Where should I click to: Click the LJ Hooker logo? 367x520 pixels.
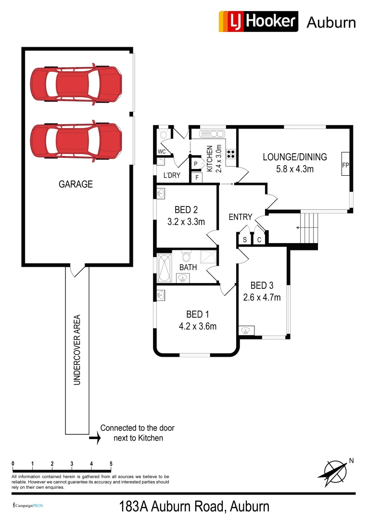[x=258, y=22]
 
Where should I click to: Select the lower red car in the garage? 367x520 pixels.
[x=76, y=141]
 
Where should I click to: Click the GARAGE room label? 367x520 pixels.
[x=76, y=184]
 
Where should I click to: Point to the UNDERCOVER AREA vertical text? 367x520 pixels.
[x=77, y=350]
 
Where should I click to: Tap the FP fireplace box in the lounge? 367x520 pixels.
[x=345, y=165]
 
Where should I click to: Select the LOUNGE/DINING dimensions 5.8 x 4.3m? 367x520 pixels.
[x=294, y=169]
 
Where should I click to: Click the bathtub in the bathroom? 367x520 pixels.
[x=164, y=268]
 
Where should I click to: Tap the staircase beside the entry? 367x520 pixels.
[x=308, y=227]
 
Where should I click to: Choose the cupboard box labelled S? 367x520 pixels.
[x=245, y=239]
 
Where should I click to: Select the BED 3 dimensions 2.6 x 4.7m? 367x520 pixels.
[x=262, y=297]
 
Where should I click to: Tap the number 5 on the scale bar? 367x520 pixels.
[x=111, y=464]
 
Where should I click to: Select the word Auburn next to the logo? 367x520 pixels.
[x=331, y=22]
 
